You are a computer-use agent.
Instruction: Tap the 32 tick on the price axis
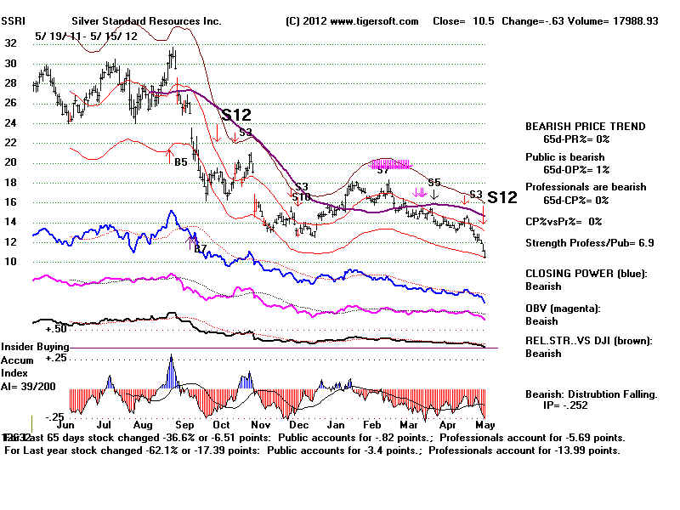click(10, 42)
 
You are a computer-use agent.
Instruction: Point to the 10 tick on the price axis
click(10, 261)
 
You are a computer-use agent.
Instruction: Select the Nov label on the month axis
click(263, 423)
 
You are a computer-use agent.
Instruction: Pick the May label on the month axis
click(482, 423)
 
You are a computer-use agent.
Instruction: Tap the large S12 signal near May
click(502, 197)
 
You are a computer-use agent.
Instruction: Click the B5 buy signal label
click(181, 161)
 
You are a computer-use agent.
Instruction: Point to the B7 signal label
click(201, 248)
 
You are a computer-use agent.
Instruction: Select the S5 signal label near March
click(434, 182)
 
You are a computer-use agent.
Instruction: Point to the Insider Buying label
click(34, 347)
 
